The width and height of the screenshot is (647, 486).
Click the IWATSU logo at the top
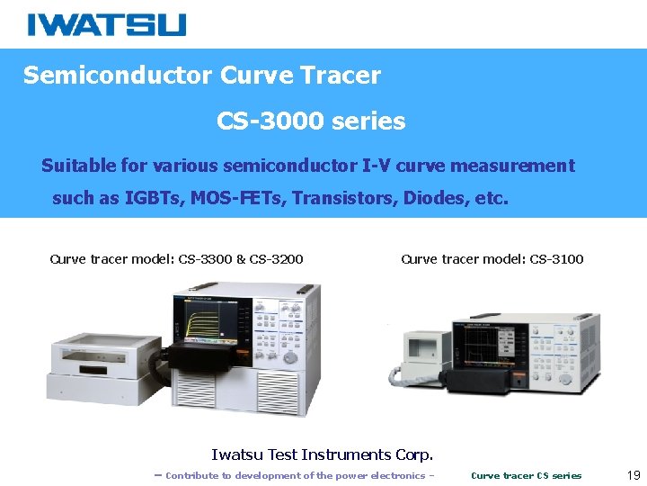(x=106, y=24)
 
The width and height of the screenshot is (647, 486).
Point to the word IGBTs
(x=152, y=198)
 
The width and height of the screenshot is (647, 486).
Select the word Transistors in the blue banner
(x=341, y=198)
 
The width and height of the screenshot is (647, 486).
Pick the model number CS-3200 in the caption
(x=277, y=259)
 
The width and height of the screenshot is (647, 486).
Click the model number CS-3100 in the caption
(x=556, y=259)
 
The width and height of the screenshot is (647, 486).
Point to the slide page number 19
(x=633, y=474)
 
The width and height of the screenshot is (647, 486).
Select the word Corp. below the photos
(x=413, y=454)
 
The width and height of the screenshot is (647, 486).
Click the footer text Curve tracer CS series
(x=526, y=475)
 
